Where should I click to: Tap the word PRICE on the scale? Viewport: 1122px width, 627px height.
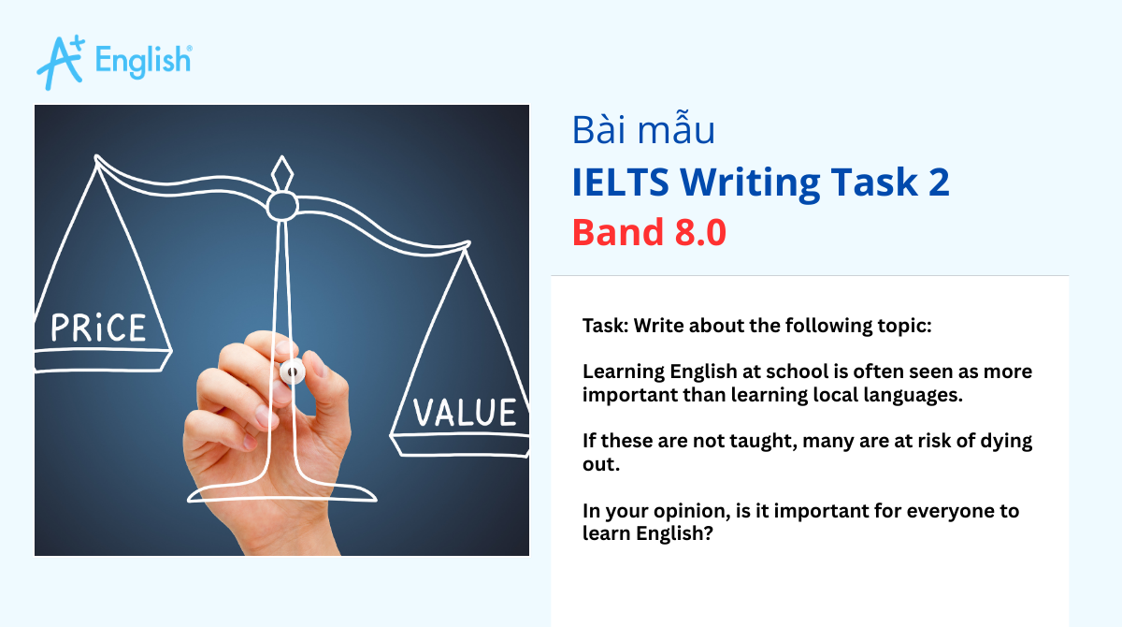[98, 328]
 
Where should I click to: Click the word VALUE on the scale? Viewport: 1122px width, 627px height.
[466, 413]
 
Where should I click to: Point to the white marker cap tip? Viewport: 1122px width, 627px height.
[292, 371]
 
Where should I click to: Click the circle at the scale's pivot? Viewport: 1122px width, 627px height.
[282, 205]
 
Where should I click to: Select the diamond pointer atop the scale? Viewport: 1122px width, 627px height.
[281, 174]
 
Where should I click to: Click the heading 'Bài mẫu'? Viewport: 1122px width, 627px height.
[643, 130]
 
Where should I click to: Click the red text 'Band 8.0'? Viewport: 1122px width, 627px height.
[649, 232]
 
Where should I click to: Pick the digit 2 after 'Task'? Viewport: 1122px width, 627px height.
[938, 182]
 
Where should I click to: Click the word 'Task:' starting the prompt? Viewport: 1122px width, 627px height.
[606, 326]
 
